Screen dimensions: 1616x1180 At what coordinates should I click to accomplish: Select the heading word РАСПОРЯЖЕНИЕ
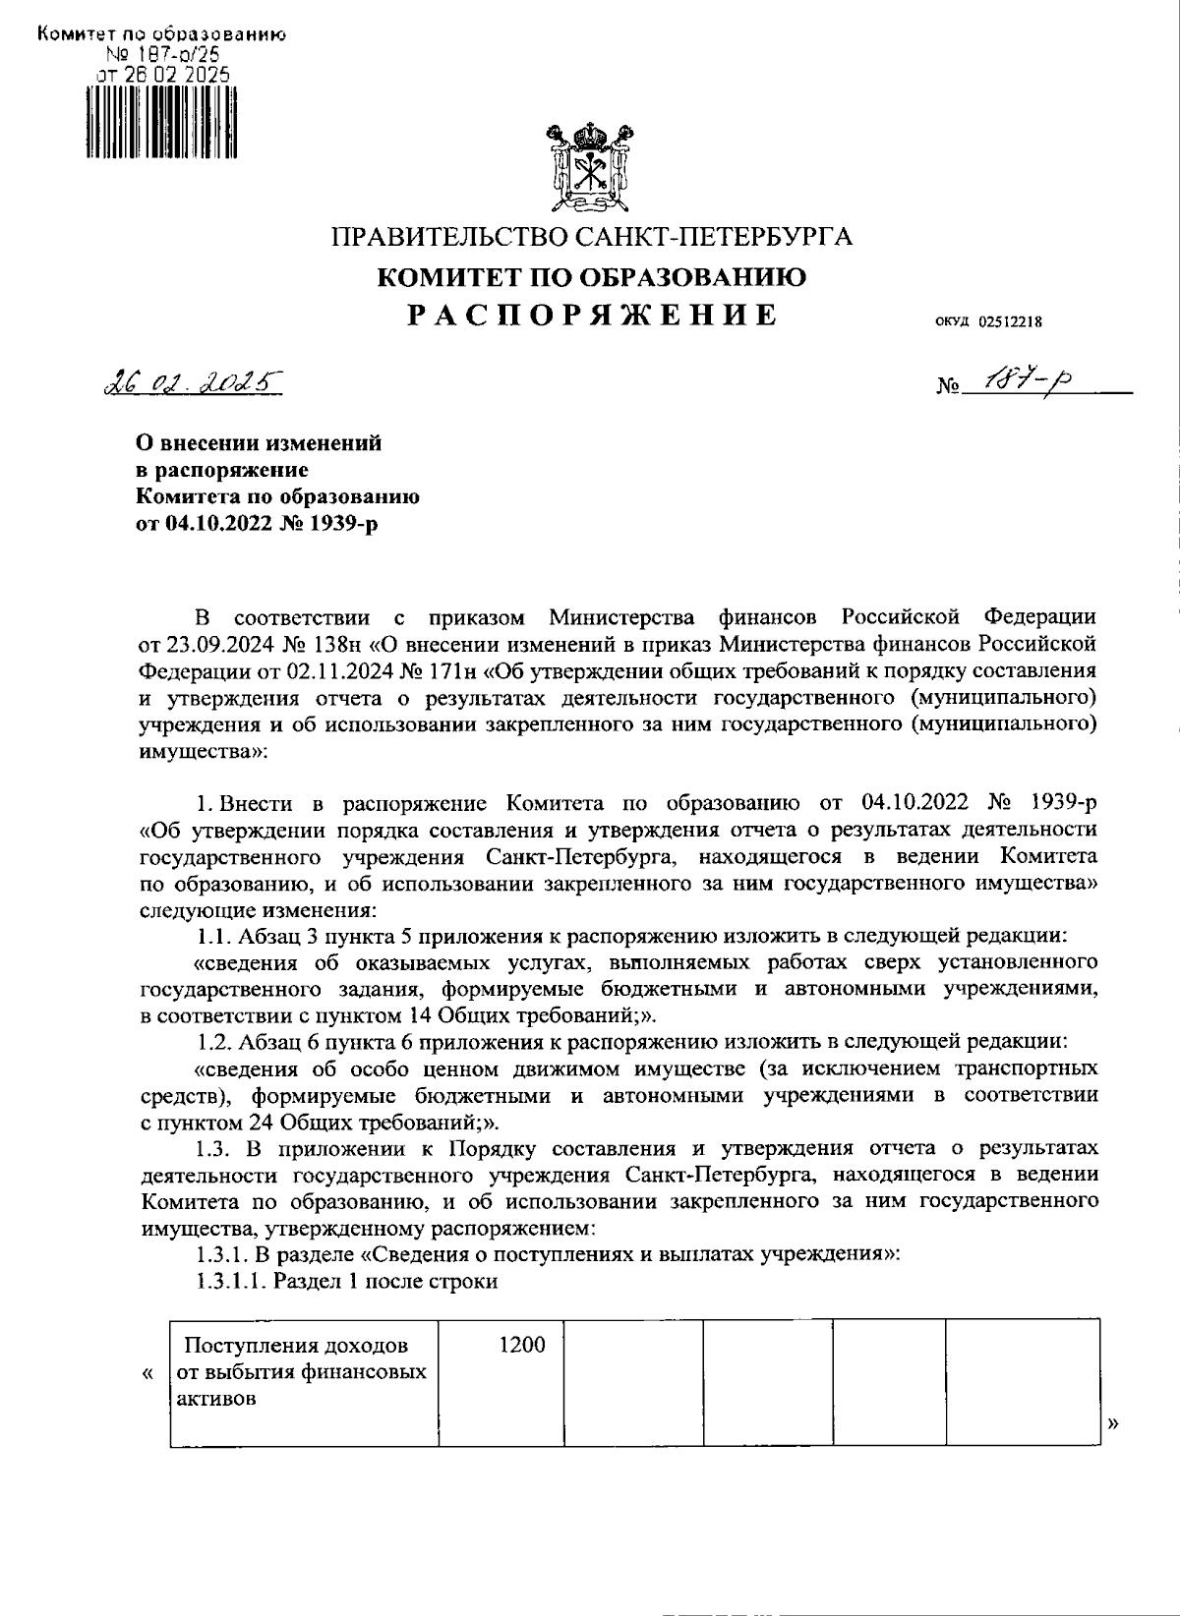click(x=593, y=315)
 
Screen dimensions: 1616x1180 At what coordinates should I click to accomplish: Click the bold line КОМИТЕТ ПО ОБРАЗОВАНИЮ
click(x=593, y=277)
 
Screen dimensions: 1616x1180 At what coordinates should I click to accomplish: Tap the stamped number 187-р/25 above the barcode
click(x=160, y=56)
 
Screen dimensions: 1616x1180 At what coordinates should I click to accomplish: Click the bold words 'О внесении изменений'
click(x=258, y=443)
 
